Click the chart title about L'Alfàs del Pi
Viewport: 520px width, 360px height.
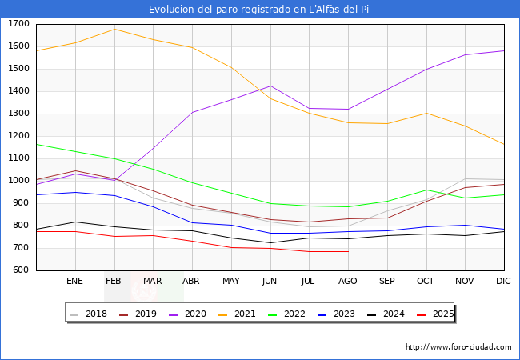259,10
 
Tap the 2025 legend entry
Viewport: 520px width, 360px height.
436,314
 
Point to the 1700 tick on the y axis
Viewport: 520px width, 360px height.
19,24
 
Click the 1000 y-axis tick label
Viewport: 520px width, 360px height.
19,181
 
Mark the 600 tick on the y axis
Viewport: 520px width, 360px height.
22,270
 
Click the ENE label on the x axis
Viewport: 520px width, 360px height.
75,281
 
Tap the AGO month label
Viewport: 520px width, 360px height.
348,281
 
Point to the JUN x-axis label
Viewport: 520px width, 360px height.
270,281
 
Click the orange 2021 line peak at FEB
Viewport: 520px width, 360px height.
114,29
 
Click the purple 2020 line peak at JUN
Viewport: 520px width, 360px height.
270,86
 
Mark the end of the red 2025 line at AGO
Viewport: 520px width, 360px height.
348,252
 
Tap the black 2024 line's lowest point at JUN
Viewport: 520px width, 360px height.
270,243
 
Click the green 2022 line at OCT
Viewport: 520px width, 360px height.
426,190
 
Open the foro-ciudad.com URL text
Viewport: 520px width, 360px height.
458,347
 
